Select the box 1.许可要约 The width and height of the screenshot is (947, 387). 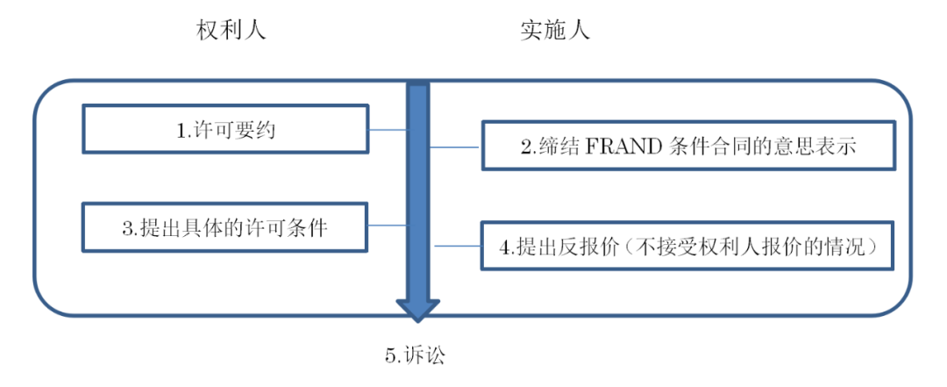(225, 130)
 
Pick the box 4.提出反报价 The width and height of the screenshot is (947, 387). (687, 246)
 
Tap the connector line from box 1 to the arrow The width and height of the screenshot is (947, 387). (388, 131)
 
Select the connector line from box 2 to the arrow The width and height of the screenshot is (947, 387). (455, 147)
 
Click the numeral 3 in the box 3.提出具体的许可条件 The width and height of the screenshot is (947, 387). (127, 229)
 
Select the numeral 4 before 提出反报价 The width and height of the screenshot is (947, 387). (506, 247)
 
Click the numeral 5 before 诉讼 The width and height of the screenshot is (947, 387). (390, 356)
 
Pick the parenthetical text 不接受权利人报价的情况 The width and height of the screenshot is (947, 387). (742, 247)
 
